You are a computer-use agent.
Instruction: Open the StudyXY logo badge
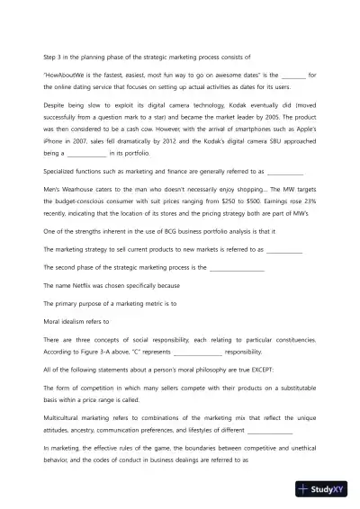click(325, 490)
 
